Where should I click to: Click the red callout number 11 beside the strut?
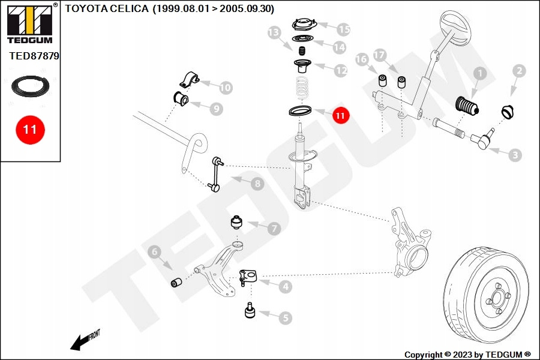pyautogui.click(x=340, y=115)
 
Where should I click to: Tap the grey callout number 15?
pyautogui.click(x=343, y=29)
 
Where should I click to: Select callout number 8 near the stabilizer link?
pyautogui.click(x=257, y=184)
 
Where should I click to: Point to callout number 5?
pyautogui.click(x=284, y=317)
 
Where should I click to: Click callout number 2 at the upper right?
pyautogui.click(x=519, y=71)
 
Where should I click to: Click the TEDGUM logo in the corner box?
pyautogui.click(x=29, y=24)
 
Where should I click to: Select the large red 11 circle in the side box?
pyautogui.click(x=30, y=129)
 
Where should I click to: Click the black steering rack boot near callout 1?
pyautogui.click(x=465, y=108)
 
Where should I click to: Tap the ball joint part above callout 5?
pyautogui.click(x=250, y=311)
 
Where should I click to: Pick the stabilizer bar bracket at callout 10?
pyautogui.click(x=189, y=79)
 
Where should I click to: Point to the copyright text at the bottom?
pyautogui.click(x=467, y=355)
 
